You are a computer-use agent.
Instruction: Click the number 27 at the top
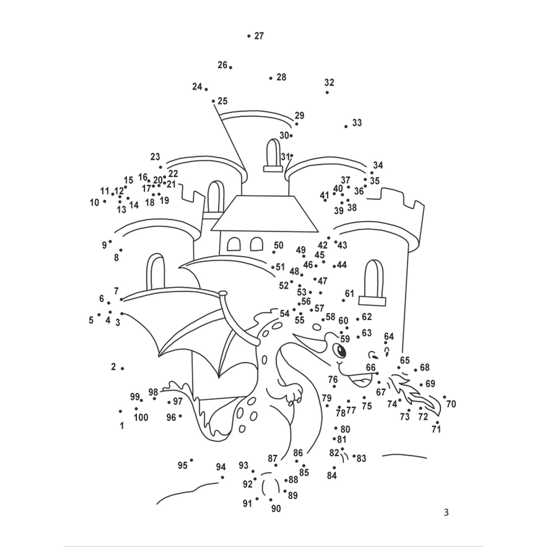coord(259,36)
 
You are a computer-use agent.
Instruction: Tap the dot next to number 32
coord(327,92)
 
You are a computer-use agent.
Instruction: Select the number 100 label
coord(141,417)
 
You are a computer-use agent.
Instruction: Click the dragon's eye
coord(341,351)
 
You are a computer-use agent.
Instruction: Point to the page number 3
coord(446,512)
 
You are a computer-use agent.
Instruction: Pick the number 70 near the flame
coord(451,404)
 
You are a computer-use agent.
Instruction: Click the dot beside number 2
coord(122,369)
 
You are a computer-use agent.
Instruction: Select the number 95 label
coord(182,465)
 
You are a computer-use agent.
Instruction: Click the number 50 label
coord(279,245)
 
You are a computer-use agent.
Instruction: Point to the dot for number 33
coord(346,127)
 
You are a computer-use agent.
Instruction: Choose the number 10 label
coord(94,202)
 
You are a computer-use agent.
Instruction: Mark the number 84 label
coord(332,476)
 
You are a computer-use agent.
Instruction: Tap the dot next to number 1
coord(120,411)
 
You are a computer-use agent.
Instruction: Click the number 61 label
coord(349,293)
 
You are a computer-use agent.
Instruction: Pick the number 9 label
coord(104,245)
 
